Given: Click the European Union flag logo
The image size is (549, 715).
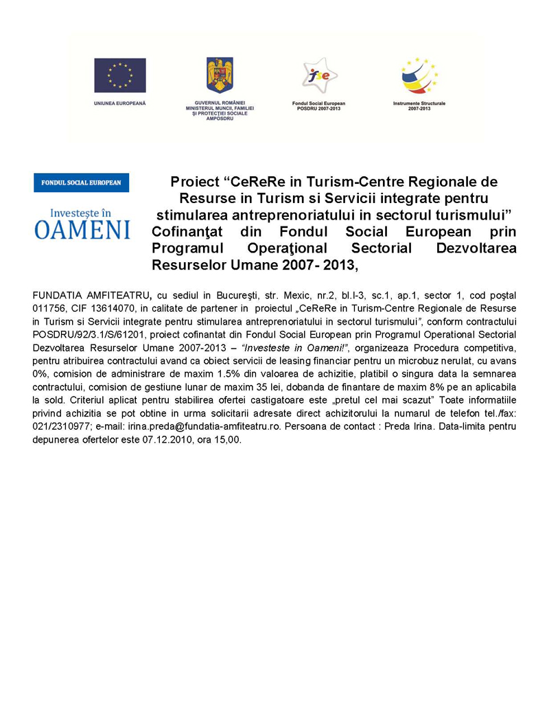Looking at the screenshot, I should [120, 75].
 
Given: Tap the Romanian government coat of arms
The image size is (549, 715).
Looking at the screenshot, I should [220, 75].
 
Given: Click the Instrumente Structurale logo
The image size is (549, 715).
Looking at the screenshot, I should [419, 75].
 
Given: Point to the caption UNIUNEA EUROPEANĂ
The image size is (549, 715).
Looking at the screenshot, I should [120, 103].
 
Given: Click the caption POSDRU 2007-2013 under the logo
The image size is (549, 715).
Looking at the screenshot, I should [318, 108].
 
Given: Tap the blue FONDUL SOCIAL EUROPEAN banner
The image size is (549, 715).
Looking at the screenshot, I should [82, 183].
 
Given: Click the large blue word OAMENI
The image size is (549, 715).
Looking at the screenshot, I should [82, 228].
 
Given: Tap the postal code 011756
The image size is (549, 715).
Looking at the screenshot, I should [49, 308].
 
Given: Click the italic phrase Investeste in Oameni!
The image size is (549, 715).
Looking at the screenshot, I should [296, 347].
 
